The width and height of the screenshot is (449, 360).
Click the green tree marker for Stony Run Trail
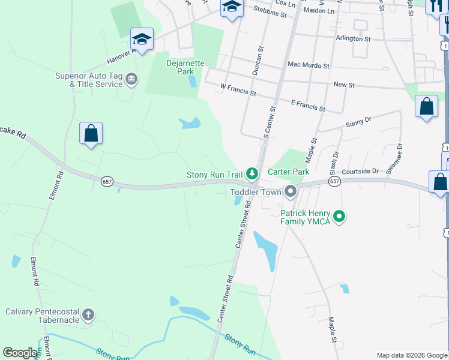click(253, 175)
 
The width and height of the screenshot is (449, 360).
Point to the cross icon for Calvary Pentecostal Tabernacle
click(88, 315)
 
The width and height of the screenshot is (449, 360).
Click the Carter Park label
click(288, 172)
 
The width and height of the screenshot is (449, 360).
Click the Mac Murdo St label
click(309, 65)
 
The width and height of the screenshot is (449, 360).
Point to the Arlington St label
click(354, 38)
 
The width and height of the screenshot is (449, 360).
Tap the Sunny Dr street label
click(359, 123)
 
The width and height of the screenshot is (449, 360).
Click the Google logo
click(20, 353)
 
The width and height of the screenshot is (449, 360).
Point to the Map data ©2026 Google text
click(412, 355)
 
